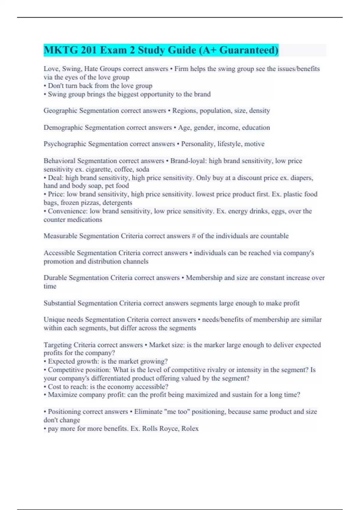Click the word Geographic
pyautogui.click(x=60, y=111)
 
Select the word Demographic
pyautogui.click(x=63, y=127)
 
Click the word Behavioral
pyautogui.click(x=59, y=161)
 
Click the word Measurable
pyautogui.click(x=60, y=236)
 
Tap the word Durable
pyautogui.click(x=55, y=278)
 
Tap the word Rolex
pyautogui.click(x=190, y=428)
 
